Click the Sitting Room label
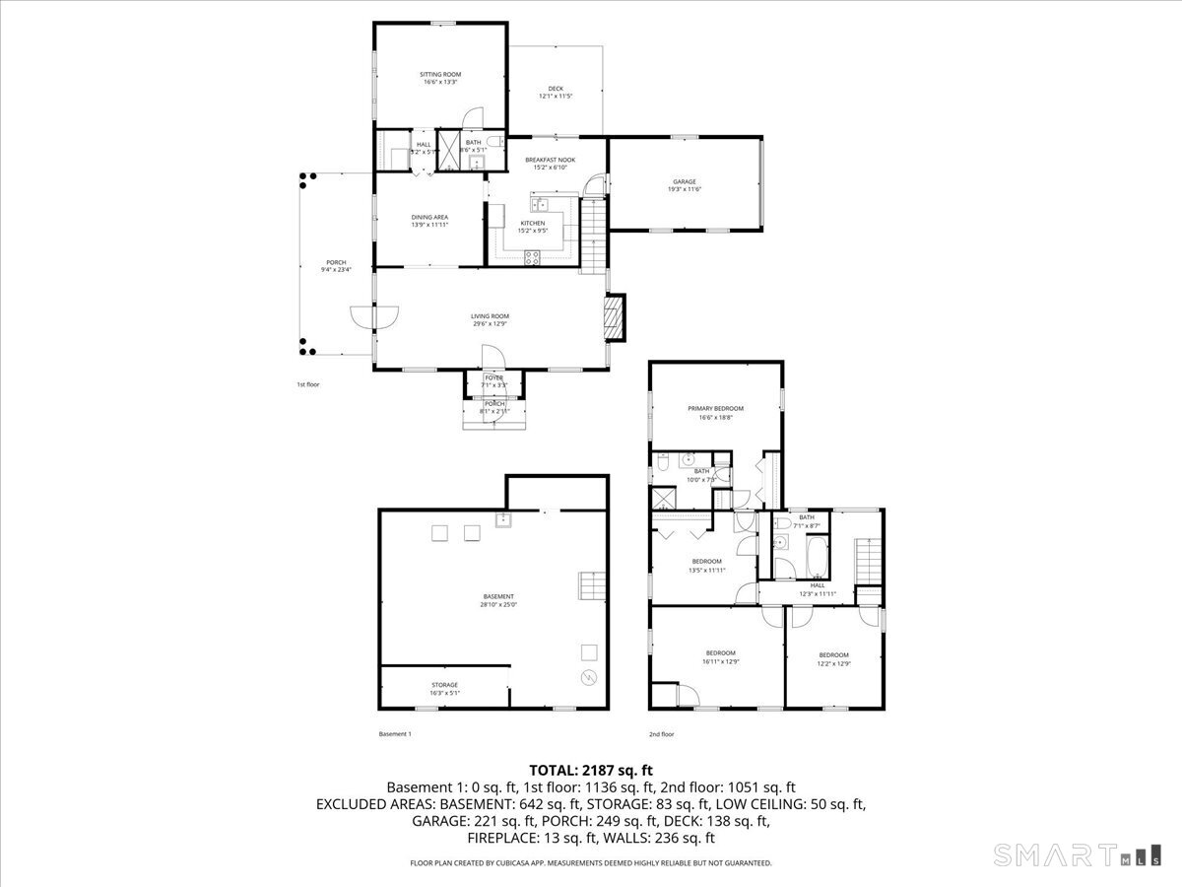pos(440,75)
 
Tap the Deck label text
pos(556,89)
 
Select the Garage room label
pos(685,182)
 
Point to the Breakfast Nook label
pos(550,160)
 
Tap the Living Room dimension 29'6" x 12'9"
pos(490,323)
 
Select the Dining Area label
pos(429,217)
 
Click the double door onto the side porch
pos(375,316)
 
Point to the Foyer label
pos(493,377)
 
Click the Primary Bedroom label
pos(715,408)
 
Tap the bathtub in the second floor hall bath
pos(816,557)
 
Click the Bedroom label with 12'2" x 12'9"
pos(833,655)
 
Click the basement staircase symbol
pos(588,584)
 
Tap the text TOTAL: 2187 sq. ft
pos(591,770)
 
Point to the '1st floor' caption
pos(308,384)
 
